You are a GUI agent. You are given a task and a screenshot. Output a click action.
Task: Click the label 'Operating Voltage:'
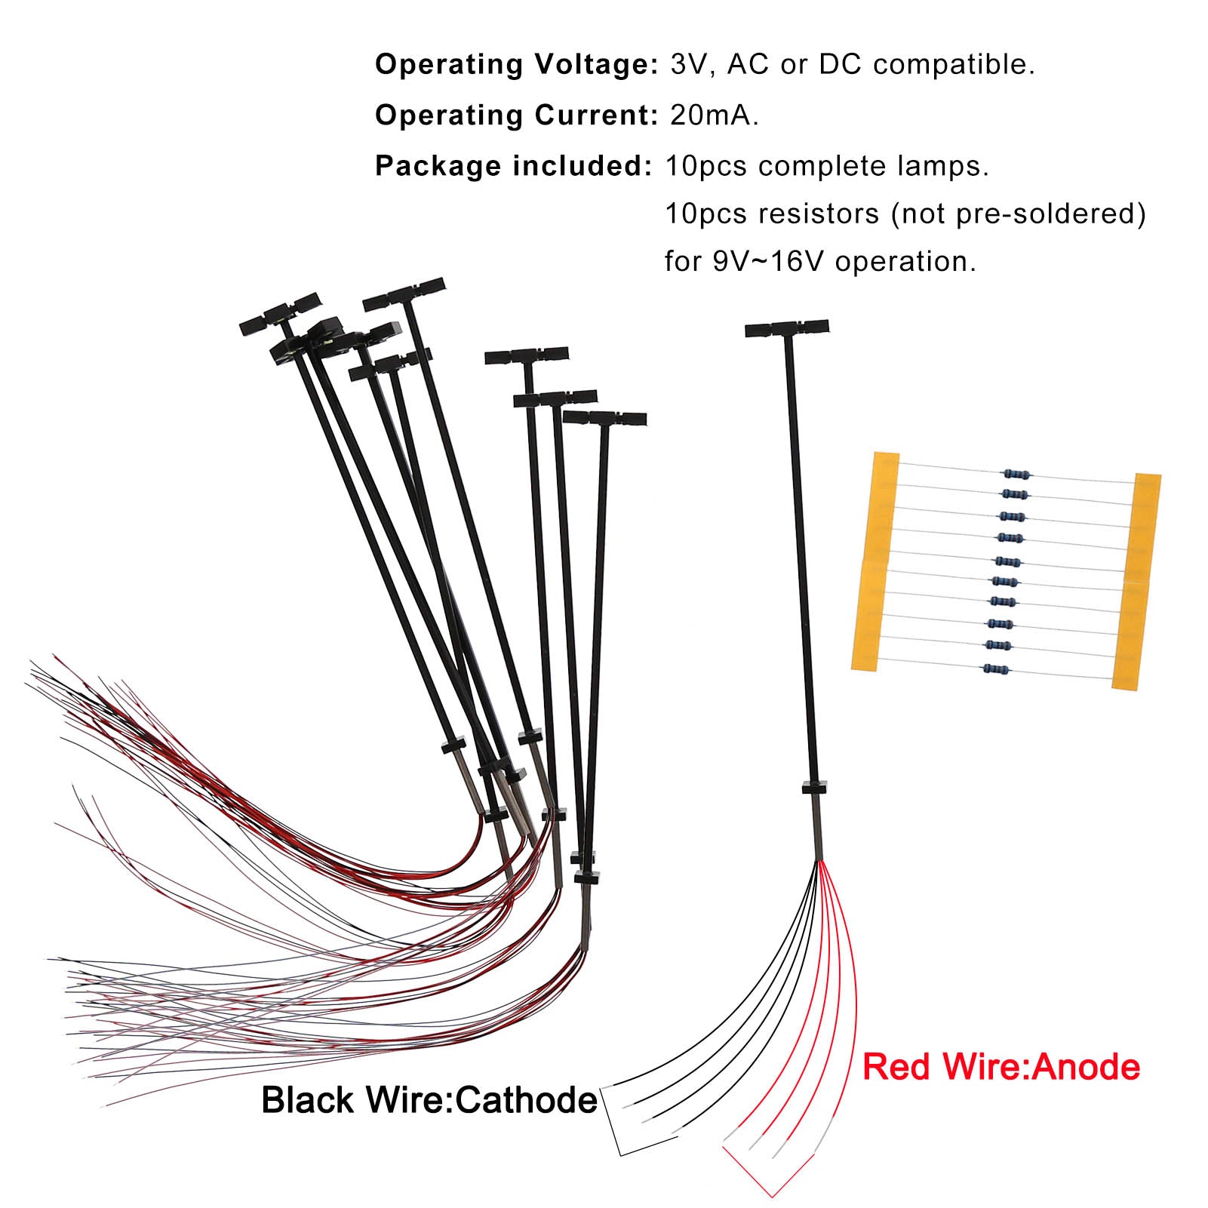[517, 65]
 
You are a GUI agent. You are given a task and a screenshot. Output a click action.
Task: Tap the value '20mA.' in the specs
[714, 115]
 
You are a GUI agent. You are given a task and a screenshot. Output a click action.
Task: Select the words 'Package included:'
[513, 166]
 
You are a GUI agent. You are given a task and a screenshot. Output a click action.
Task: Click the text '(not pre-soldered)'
[1018, 214]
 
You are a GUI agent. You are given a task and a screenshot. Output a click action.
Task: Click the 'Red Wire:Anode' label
[1001, 1067]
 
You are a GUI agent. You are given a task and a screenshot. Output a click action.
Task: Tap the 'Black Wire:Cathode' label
[429, 1100]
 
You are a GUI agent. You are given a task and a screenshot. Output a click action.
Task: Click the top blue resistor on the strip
[1016, 474]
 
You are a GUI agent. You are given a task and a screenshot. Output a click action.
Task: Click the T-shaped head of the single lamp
[786, 328]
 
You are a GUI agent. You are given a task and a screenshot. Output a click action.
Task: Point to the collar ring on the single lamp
[814, 788]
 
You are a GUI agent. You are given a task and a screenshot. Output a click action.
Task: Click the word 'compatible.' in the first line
[954, 65]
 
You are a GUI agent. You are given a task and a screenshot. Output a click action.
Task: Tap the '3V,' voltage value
[693, 65]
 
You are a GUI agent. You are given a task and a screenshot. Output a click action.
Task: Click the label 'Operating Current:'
[517, 115]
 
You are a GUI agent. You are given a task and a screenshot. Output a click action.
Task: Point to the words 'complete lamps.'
[874, 166]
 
